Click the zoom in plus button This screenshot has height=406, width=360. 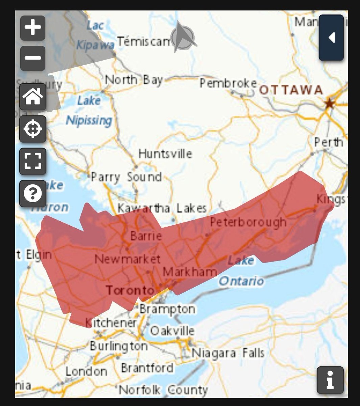tap(33, 28)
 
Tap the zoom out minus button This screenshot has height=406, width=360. tap(33, 58)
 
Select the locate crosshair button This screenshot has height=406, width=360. tap(33, 129)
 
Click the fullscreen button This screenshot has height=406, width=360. tap(33, 161)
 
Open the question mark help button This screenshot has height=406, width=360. tap(33, 194)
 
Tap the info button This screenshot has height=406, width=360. tap(330, 380)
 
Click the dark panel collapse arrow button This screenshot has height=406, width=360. tap(331, 38)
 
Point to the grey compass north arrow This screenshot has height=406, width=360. tap(183, 37)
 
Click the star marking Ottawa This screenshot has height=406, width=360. tap(329, 103)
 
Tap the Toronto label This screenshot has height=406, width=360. tap(130, 290)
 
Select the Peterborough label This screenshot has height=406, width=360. tap(248, 222)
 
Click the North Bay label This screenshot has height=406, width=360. tap(134, 80)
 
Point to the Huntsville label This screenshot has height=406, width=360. tap(165, 154)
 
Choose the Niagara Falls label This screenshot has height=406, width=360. tap(228, 353)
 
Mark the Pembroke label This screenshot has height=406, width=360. tap(228, 83)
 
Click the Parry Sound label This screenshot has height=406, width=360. tap(126, 177)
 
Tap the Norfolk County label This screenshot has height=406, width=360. tap(163, 390)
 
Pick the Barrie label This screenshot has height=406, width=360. tap(146, 235)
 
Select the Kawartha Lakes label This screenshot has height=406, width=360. tap(162, 208)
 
